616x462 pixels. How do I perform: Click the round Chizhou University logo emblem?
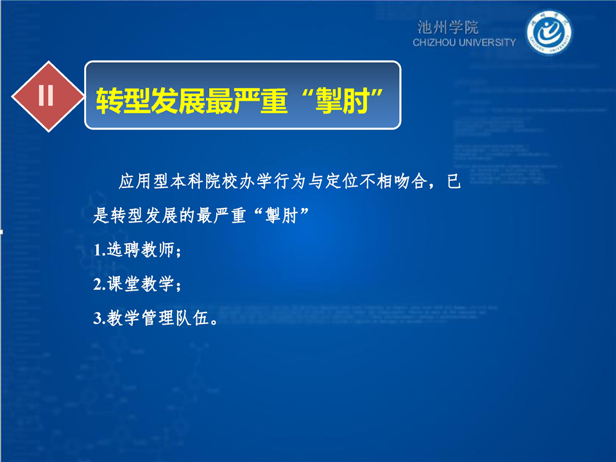click(549, 33)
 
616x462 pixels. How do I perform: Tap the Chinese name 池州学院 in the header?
click(448, 28)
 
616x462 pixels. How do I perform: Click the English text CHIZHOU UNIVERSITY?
click(464, 42)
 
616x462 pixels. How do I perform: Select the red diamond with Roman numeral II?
click(48, 96)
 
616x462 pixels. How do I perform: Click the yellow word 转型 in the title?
click(123, 101)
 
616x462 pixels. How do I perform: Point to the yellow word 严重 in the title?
click(261, 101)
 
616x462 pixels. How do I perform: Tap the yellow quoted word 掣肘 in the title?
click(343, 101)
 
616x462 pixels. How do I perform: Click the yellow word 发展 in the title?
click(178, 101)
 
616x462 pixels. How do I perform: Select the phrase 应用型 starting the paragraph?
click(144, 181)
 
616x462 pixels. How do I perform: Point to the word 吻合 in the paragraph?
click(410, 181)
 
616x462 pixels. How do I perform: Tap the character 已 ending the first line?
click(454, 181)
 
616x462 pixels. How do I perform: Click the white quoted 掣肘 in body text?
click(281, 216)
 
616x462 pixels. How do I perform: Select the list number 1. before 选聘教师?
click(100, 250)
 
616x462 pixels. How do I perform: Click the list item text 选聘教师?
click(141, 250)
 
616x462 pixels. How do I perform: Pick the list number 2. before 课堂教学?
click(100, 284)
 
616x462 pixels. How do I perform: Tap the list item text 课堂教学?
click(141, 284)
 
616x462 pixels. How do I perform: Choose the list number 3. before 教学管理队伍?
click(100, 319)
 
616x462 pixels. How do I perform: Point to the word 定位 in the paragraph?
click(342, 181)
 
